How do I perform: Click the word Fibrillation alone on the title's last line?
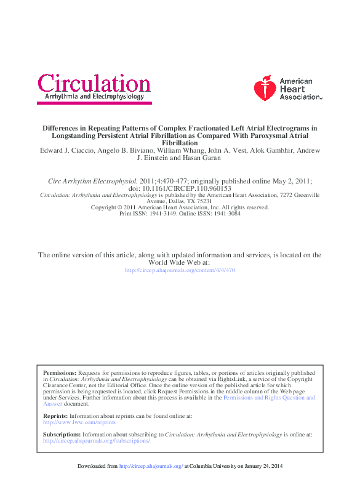coord(180,143)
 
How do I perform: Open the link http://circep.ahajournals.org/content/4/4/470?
coord(180,270)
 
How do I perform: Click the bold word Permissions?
coord(60,373)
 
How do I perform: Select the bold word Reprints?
coord(55,416)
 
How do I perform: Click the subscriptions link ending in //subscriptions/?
coord(97,441)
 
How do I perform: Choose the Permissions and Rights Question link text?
coord(269,398)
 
